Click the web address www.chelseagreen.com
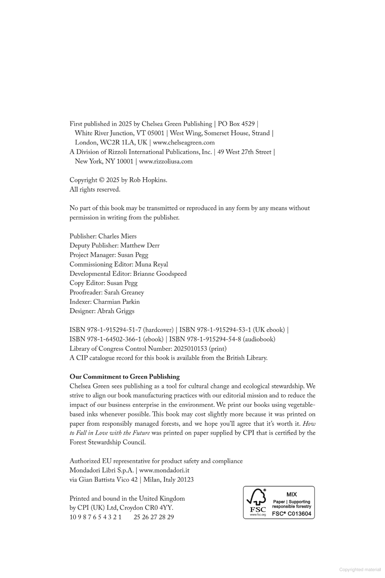[x=184, y=143]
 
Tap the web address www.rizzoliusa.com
[x=166, y=161]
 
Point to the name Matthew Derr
[x=140, y=245]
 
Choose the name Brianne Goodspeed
[x=160, y=274]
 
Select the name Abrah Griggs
[x=116, y=311]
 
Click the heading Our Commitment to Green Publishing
[x=124, y=377]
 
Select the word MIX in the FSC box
[x=292, y=495]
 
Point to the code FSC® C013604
[x=292, y=514]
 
